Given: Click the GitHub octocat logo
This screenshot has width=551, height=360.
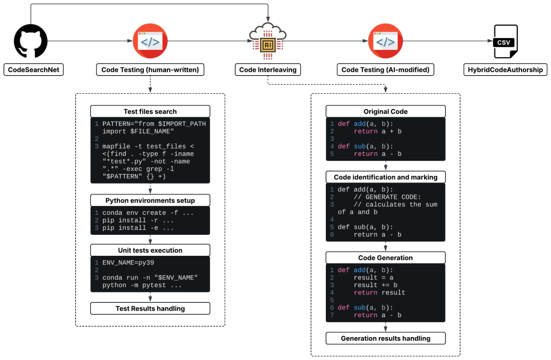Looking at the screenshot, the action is point(31,41).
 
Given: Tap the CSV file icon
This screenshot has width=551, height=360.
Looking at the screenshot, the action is point(506,42).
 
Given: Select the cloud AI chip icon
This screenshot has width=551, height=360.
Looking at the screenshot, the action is point(268,41).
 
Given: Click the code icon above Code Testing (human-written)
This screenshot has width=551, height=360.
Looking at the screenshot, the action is point(150,41).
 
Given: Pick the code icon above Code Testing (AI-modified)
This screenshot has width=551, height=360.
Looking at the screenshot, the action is point(385,41).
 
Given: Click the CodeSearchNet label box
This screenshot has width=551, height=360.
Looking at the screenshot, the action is point(34,70).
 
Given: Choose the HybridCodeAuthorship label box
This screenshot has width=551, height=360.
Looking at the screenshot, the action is point(505,70).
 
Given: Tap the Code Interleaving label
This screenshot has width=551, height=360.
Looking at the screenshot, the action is point(268,70).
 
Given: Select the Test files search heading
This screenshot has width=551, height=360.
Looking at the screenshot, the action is point(150,111).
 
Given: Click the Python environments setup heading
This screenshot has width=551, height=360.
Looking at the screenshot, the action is point(150,200).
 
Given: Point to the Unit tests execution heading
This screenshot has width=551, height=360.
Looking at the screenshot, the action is point(150,250).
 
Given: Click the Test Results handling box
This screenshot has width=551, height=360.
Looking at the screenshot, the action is point(150,308).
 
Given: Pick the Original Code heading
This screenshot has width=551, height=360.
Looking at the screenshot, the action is point(385,111).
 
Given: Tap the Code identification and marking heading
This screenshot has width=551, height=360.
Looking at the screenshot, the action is point(385,177).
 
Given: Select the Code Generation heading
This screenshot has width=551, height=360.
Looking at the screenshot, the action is point(385,258).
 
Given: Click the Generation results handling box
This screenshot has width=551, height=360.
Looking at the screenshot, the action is point(385,338).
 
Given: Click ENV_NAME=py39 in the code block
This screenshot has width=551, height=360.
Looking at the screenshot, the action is point(128,262).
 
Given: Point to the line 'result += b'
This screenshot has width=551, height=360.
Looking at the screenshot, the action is point(376,285).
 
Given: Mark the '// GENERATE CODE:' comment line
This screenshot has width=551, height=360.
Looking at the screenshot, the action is point(387,197).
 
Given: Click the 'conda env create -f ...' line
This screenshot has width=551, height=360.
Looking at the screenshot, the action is point(148,213).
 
